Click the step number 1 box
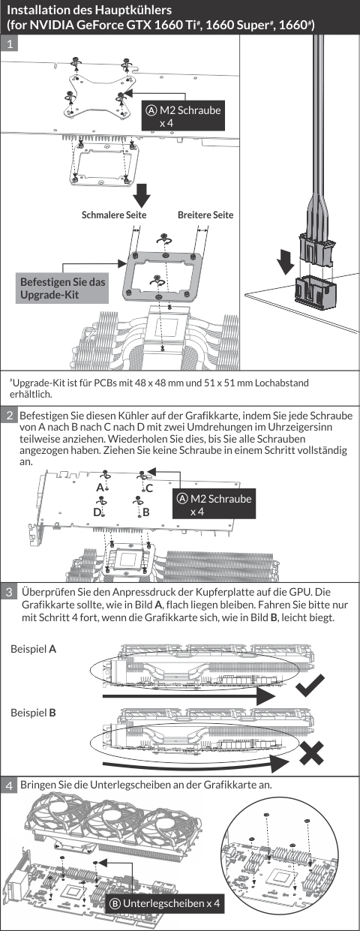click(x=10, y=44)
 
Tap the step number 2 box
click(x=10, y=415)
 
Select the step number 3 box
click(x=10, y=591)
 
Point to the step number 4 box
click(x=10, y=785)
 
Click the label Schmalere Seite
click(x=114, y=215)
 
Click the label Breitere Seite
click(x=205, y=215)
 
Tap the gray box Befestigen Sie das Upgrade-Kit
click(x=62, y=288)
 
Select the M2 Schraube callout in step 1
click(x=183, y=116)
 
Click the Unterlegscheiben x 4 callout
click(x=164, y=903)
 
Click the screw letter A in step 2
click(x=100, y=487)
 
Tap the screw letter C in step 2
click(x=149, y=488)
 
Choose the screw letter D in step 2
click(x=97, y=512)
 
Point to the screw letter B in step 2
click(x=146, y=512)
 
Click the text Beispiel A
click(x=33, y=649)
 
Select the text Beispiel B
click(x=33, y=713)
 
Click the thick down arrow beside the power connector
click(x=286, y=261)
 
